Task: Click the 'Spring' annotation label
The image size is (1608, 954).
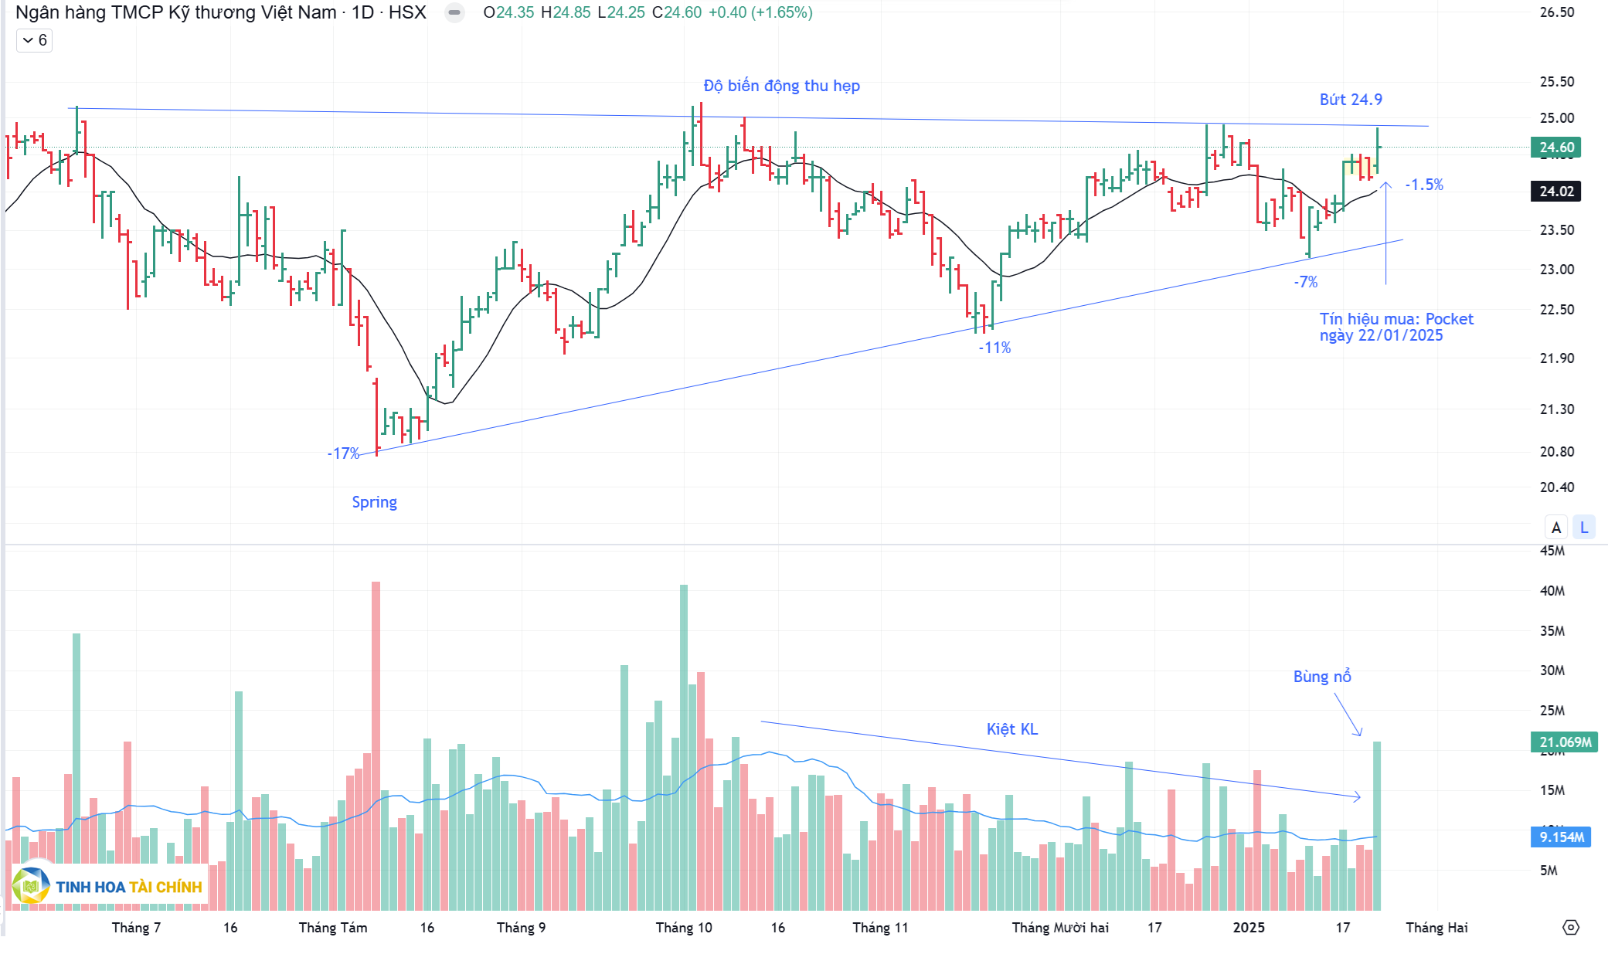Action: click(x=374, y=502)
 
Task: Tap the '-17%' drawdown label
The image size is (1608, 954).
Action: click(x=343, y=453)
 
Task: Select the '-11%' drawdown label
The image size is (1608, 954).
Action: click(x=994, y=348)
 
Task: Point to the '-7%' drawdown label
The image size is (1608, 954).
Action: click(x=1306, y=282)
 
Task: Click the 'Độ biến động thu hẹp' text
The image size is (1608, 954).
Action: click(x=781, y=86)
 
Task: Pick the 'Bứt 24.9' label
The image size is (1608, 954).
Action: click(x=1351, y=100)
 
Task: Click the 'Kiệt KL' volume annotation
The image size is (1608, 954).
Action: click(x=1011, y=729)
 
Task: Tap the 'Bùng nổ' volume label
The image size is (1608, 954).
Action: click(x=1322, y=677)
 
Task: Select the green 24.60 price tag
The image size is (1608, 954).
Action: click(x=1555, y=148)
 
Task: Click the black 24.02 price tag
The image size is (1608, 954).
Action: click(x=1555, y=192)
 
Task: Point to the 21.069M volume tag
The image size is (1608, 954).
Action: click(x=1565, y=742)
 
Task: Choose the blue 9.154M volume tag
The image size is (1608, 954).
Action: click(x=1561, y=837)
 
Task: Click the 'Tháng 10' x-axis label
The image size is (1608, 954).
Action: click(x=684, y=928)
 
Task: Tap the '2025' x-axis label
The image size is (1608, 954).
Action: click(x=1249, y=928)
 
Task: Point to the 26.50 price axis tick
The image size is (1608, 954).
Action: click(x=1556, y=12)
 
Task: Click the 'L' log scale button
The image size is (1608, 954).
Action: click(x=1584, y=528)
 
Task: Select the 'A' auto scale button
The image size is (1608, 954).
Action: click(x=1556, y=528)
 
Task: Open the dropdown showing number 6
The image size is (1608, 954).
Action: click(x=35, y=40)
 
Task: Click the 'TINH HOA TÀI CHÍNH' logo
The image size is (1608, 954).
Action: click(x=108, y=886)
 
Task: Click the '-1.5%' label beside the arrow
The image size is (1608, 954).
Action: click(x=1424, y=185)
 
